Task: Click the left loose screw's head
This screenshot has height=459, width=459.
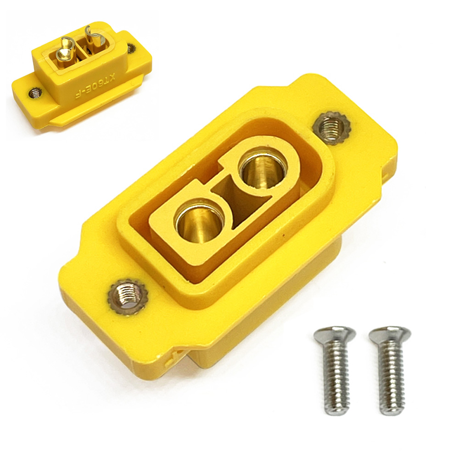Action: (335, 334)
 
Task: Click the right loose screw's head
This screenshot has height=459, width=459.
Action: (390, 335)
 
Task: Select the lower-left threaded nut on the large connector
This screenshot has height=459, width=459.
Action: (127, 296)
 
